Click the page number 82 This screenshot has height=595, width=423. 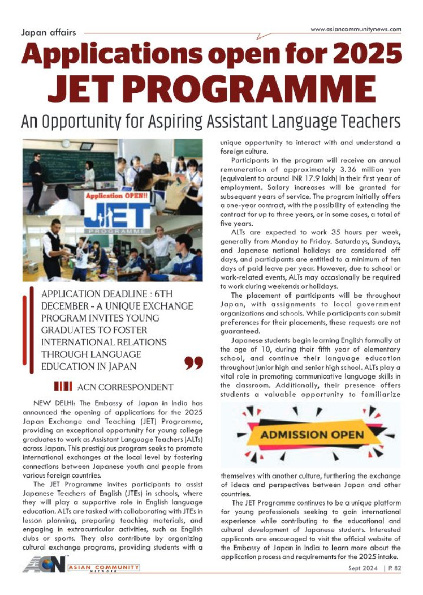point(398,568)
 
